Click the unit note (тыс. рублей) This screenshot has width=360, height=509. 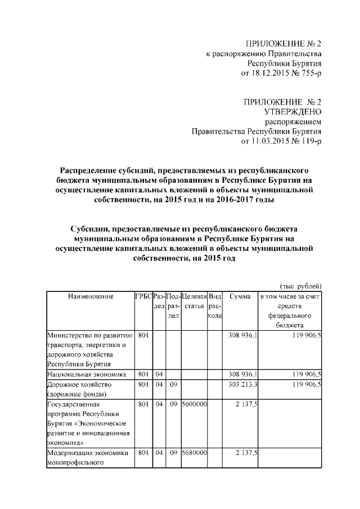(x=300, y=286)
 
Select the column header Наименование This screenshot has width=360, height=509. (x=91, y=296)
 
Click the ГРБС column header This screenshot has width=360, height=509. (x=143, y=296)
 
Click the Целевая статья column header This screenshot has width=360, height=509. (x=193, y=301)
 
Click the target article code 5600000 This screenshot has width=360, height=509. (x=194, y=404)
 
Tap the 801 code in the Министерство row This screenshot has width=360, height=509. (x=143, y=335)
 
